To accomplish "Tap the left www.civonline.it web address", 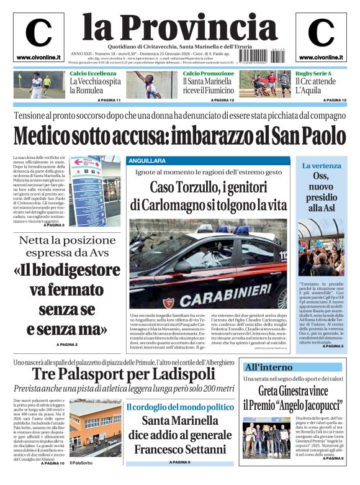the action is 38,58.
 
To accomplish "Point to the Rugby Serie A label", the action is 314,74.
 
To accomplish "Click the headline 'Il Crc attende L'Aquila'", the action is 316,86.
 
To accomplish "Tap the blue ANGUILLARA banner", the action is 147,160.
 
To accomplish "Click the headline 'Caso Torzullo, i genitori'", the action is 209,187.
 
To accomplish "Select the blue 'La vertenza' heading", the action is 322,166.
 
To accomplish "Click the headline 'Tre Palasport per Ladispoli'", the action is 124,374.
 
